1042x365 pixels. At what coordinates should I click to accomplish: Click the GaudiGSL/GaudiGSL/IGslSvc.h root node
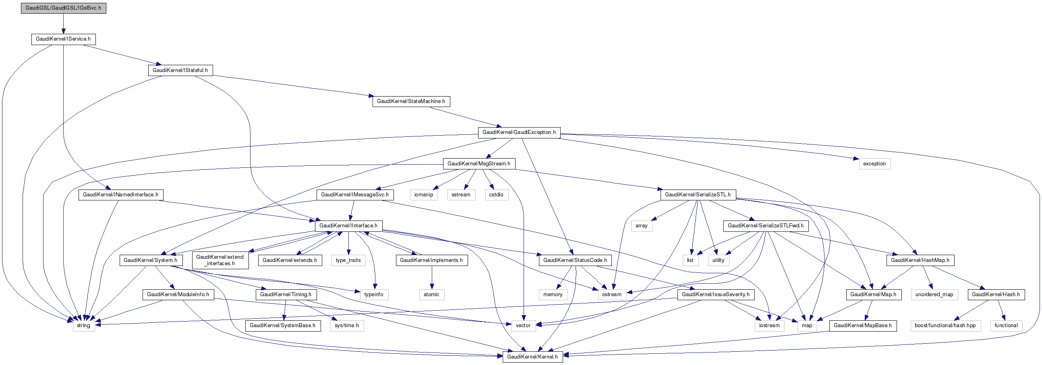point(64,8)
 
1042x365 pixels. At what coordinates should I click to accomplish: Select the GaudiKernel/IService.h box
point(64,39)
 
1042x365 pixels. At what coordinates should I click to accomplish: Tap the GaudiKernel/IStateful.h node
point(180,70)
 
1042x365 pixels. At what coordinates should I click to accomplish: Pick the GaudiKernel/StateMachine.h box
point(411,101)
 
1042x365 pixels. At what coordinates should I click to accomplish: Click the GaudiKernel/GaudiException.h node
point(519,132)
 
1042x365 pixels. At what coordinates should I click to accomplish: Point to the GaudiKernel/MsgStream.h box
point(479,164)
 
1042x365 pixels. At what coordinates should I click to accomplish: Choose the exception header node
point(874,164)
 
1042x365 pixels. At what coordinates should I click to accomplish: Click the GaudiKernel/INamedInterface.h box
point(120,195)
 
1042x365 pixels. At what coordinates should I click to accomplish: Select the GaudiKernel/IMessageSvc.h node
point(355,195)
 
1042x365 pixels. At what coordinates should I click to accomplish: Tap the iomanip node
point(424,195)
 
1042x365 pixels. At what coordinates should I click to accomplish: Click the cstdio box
point(496,195)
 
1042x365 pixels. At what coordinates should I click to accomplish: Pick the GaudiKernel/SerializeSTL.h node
point(698,195)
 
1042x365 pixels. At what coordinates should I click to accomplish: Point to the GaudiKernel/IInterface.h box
point(348,225)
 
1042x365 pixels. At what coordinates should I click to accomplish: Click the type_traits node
point(348,260)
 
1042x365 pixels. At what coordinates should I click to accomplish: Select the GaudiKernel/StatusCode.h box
point(575,260)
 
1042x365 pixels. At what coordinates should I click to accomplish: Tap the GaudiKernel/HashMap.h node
point(920,260)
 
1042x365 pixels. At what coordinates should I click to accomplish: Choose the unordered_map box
point(934,295)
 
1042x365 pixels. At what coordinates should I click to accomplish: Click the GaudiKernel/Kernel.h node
point(532,357)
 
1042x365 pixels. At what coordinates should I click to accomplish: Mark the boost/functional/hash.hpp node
point(945,326)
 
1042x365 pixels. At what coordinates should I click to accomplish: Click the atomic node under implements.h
point(432,295)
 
